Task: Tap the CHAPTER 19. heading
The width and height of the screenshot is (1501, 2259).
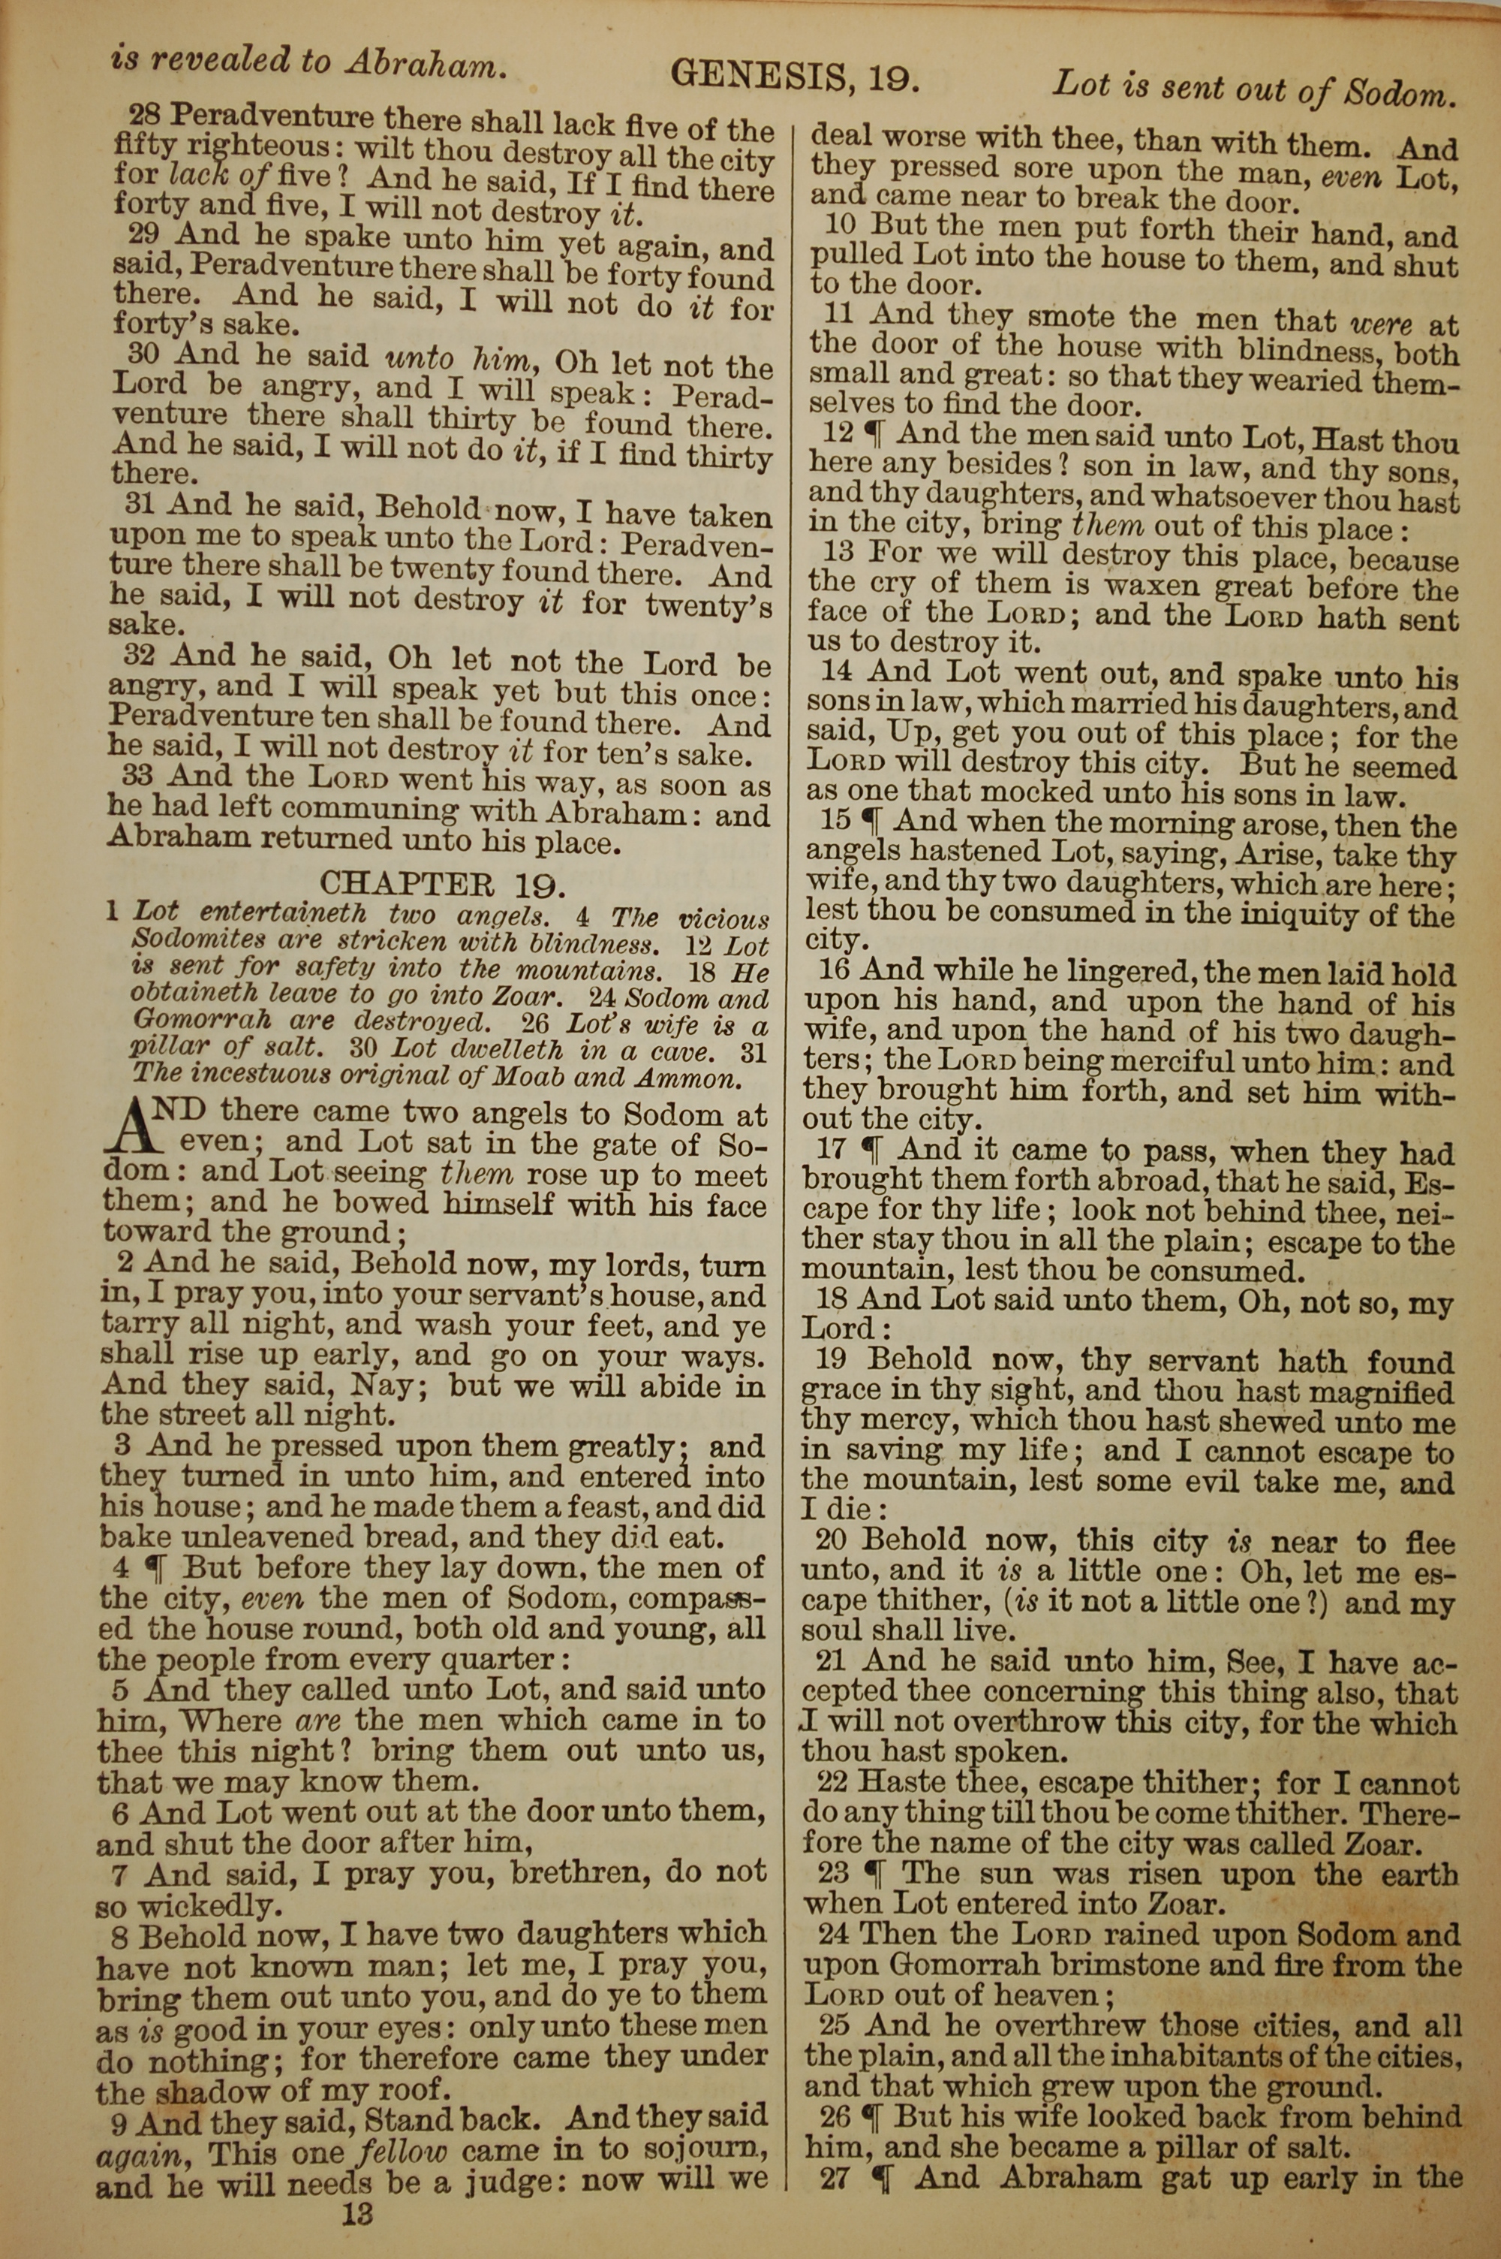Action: coord(449,881)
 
